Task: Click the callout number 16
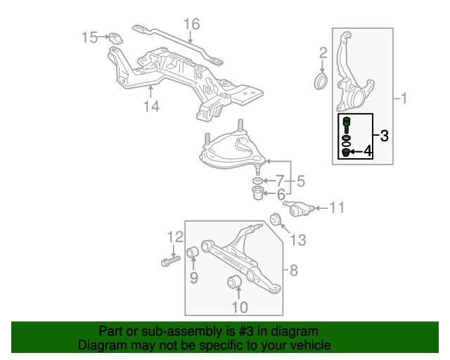(x=191, y=25)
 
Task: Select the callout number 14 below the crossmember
(x=151, y=106)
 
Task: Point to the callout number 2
(x=323, y=53)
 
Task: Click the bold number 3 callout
(x=385, y=136)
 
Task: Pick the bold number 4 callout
(x=368, y=151)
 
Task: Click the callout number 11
(x=337, y=207)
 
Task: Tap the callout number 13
(x=298, y=240)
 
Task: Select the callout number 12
(x=174, y=237)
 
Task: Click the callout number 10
(x=239, y=307)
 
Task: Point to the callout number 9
(x=193, y=278)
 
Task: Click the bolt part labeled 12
(x=171, y=263)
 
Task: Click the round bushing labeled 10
(x=236, y=283)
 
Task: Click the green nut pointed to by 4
(x=346, y=153)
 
